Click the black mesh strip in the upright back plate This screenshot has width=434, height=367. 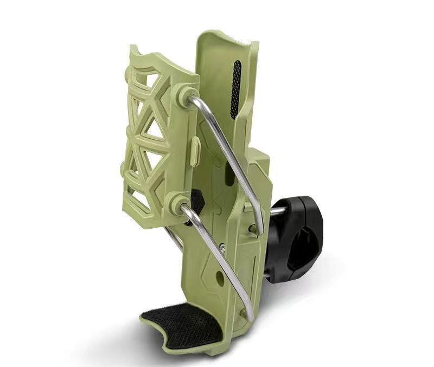click(x=235, y=89)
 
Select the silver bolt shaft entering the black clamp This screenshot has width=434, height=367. click(x=277, y=211)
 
